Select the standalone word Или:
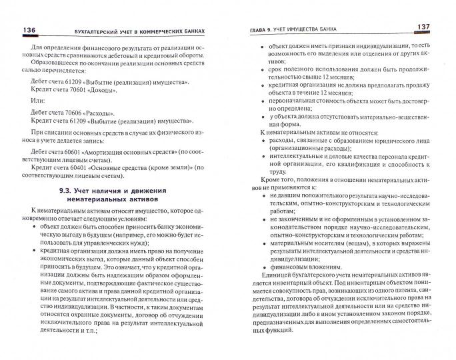pos(42,101)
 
